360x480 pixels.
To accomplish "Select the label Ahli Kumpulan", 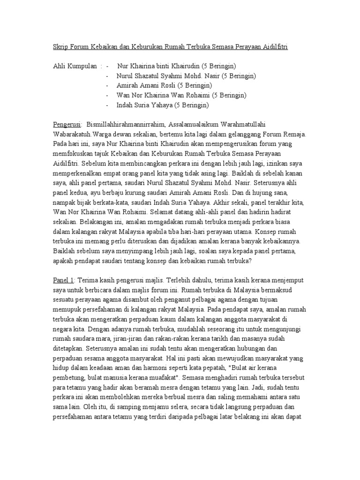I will tap(75, 66).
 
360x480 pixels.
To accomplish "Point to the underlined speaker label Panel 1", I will tap(63, 280).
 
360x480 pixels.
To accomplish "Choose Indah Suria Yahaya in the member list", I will tap(145, 105).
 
